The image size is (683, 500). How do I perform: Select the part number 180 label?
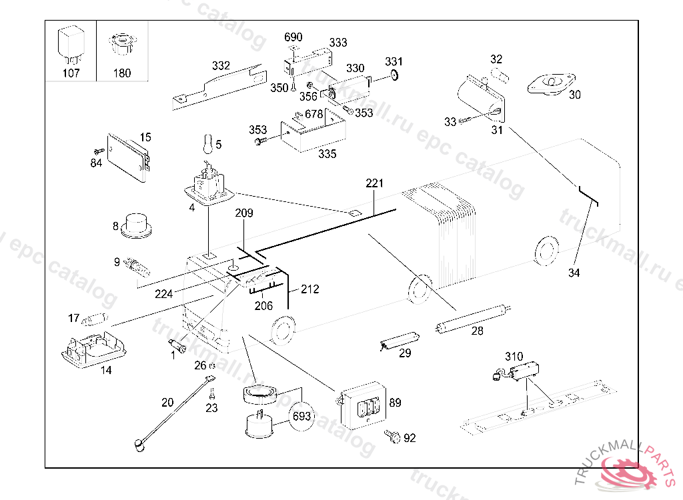coord(122,73)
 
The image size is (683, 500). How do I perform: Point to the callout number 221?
coord(375,183)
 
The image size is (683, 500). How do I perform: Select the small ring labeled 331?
coord(394,75)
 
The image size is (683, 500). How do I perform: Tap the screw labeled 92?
coord(392,436)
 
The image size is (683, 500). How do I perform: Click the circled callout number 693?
coord(302,417)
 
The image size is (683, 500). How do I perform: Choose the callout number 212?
coord(309,289)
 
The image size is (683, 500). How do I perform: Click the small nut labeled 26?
coord(211,366)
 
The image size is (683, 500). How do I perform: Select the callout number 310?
coord(514,357)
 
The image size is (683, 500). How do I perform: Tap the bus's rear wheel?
coord(547,250)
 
